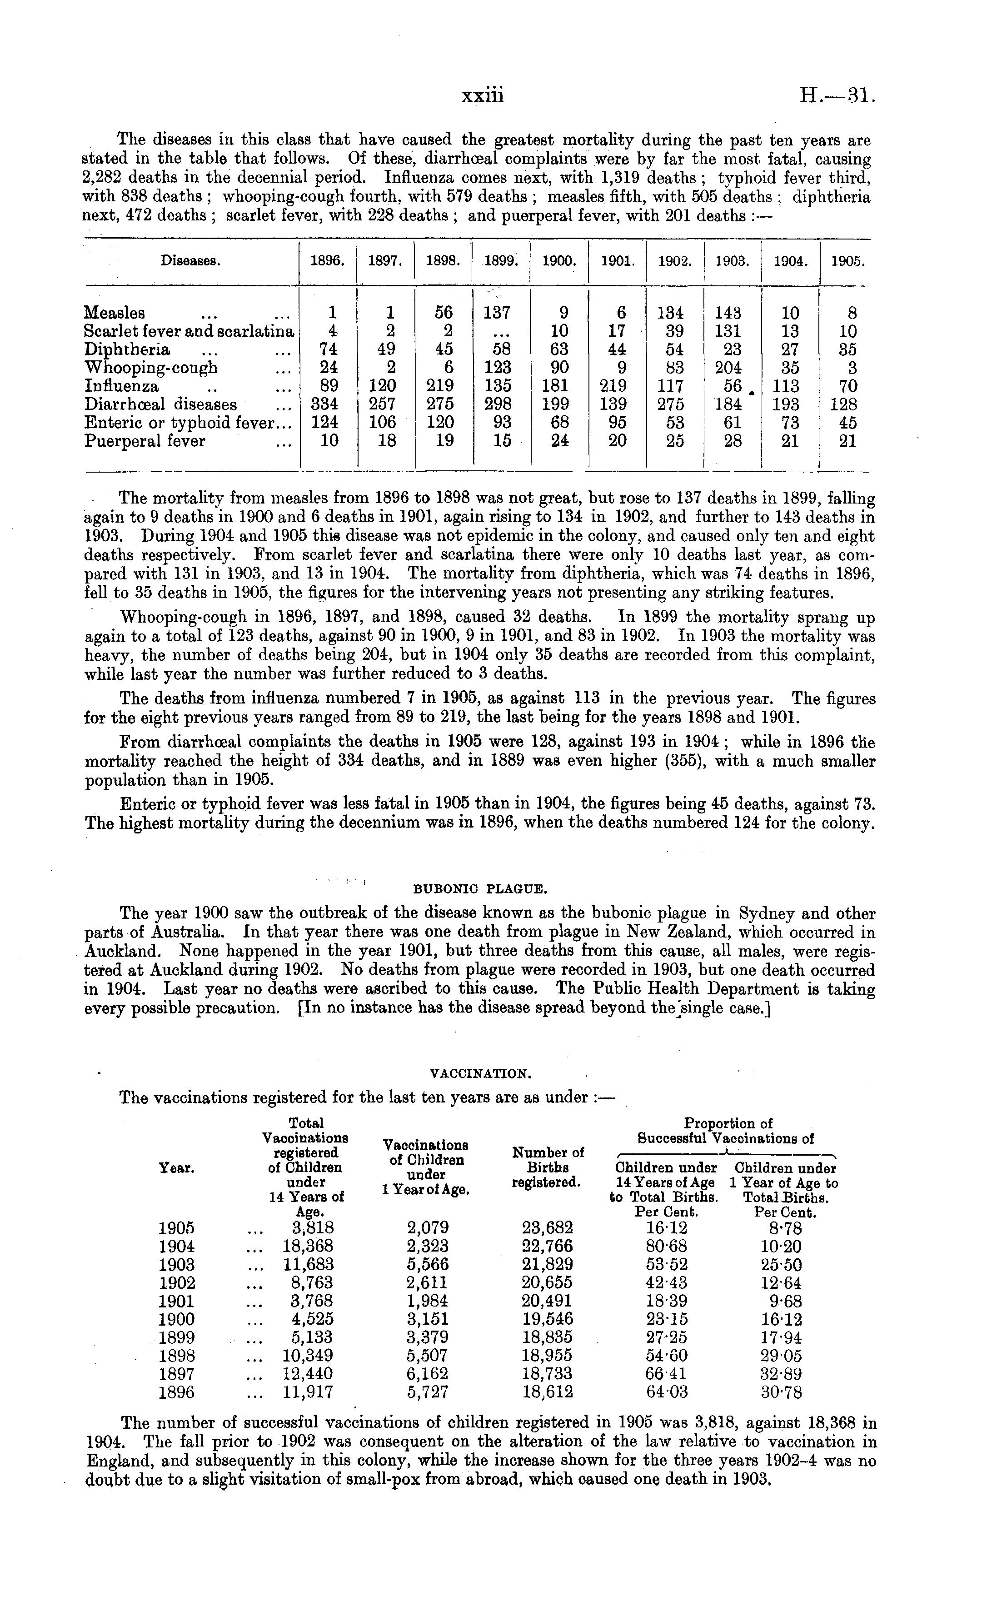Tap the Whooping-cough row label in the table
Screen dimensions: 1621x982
pyautogui.click(x=151, y=368)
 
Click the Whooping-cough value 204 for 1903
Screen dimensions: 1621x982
pyautogui.click(x=728, y=368)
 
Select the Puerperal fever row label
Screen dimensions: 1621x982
pyautogui.click(x=145, y=441)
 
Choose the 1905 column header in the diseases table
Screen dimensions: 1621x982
pyautogui.click(x=847, y=260)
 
